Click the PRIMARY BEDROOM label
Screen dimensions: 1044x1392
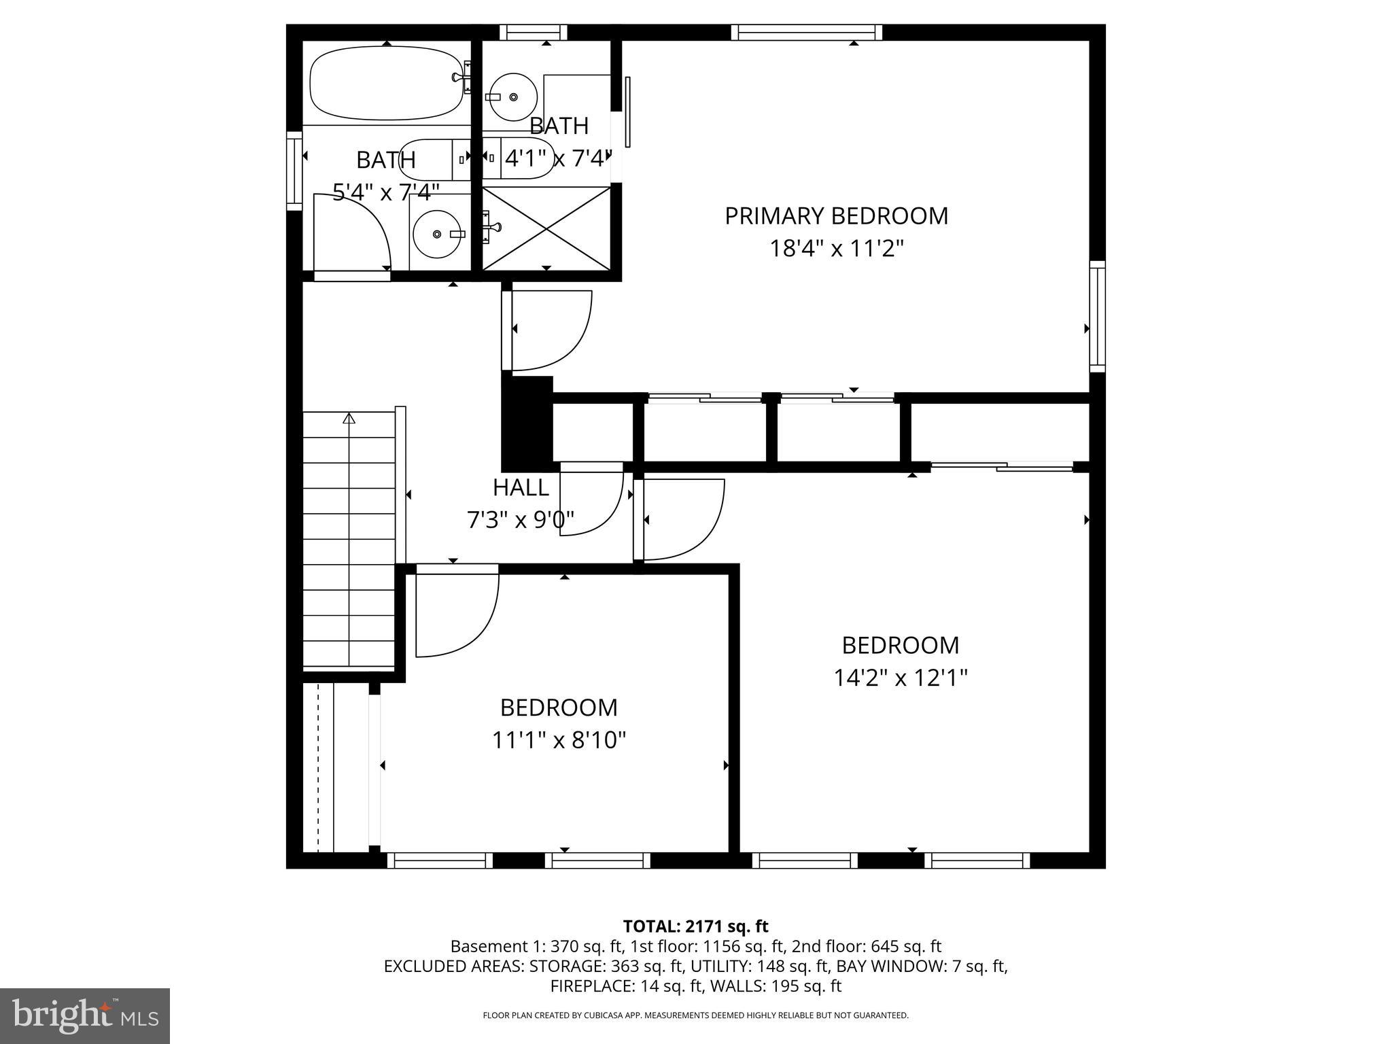(836, 216)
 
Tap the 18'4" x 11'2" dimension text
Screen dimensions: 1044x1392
(836, 249)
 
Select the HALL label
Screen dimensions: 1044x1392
(521, 487)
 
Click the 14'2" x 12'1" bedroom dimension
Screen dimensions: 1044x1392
(900, 678)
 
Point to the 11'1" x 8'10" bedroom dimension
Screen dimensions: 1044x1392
(559, 739)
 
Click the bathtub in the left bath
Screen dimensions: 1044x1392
(386, 83)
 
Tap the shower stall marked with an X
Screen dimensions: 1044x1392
(547, 228)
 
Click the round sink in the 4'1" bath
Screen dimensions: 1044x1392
(513, 97)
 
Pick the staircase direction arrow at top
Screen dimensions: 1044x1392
(349, 418)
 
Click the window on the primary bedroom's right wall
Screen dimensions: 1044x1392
(1097, 316)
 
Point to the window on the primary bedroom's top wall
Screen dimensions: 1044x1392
(807, 32)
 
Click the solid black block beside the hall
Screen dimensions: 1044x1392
(527, 423)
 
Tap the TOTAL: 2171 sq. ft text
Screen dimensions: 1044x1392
(695, 926)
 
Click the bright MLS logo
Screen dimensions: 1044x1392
(85, 1015)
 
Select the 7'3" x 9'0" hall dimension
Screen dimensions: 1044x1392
(521, 520)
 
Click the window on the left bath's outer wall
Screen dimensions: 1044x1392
(294, 170)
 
